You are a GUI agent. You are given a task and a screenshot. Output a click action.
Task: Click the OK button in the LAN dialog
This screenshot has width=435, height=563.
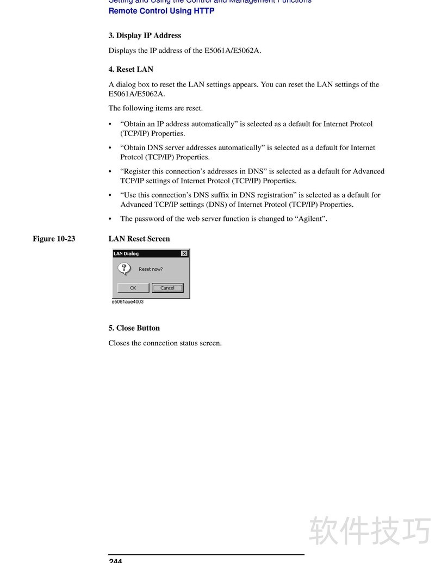tap(133, 288)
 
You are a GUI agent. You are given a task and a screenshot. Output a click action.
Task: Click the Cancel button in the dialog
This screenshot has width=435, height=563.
tap(167, 288)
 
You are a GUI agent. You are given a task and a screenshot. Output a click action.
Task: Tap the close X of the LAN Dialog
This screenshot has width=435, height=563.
tap(184, 253)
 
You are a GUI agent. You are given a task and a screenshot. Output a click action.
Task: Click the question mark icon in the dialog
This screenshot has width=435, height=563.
tap(125, 269)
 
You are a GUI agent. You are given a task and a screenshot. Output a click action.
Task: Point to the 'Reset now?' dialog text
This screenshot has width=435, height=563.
tap(151, 269)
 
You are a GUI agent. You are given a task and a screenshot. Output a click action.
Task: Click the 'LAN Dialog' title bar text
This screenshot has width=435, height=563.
tap(126, 253)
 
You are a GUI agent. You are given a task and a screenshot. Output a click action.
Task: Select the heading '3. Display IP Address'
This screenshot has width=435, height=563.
tap(145, 35)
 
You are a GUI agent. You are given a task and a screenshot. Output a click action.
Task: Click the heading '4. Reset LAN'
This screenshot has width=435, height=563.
tap(130, 69)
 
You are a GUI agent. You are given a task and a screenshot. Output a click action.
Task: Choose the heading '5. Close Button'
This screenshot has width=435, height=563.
tap(134, 328)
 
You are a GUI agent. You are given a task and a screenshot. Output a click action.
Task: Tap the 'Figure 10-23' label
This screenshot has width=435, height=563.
tap(54, 239)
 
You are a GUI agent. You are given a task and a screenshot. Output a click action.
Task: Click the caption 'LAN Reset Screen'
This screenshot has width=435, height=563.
tap(139, 239)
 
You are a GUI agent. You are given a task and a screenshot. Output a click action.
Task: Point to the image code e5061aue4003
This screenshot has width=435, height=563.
tap(128, 302)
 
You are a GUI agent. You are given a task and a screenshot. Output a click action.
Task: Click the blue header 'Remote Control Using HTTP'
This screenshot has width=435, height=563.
tap(161, 11)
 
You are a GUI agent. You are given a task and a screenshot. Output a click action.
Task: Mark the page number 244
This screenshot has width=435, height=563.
tap(115, 560)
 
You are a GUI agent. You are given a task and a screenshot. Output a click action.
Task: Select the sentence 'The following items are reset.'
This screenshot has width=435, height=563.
tap(156, 108)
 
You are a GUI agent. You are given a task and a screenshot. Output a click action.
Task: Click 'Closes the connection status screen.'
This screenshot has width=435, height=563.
tap(165, 343)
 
